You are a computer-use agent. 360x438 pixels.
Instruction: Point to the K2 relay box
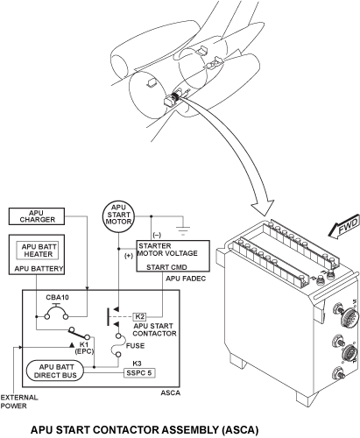[x=140, y=316]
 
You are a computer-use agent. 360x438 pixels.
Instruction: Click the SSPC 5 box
[x=139, y=373]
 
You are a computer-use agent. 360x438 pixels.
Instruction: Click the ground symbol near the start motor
[x=183, y=231]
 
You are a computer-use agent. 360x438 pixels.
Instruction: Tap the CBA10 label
[x=58, y=298]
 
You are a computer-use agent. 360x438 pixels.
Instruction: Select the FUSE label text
[x=135, y=346]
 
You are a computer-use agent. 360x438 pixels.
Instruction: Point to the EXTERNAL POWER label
[x=19, y=401]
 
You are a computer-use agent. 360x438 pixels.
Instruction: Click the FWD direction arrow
[x=343, y=226]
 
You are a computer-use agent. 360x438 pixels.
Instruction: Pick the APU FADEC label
[x=186, y=279]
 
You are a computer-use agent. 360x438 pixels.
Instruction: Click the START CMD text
[x=166, y=267]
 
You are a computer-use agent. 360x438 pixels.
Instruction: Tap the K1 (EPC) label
[x=84, y=348]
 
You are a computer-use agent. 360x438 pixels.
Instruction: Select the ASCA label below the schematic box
[x=171, y=392]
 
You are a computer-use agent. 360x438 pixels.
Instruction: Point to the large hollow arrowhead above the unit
[x=263, y=208]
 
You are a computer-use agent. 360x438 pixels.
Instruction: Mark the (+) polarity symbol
[x=129, y=256]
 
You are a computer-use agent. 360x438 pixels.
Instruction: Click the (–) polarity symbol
[x=157, y=235]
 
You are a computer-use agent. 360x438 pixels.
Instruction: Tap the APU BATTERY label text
[x=39, y=268]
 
